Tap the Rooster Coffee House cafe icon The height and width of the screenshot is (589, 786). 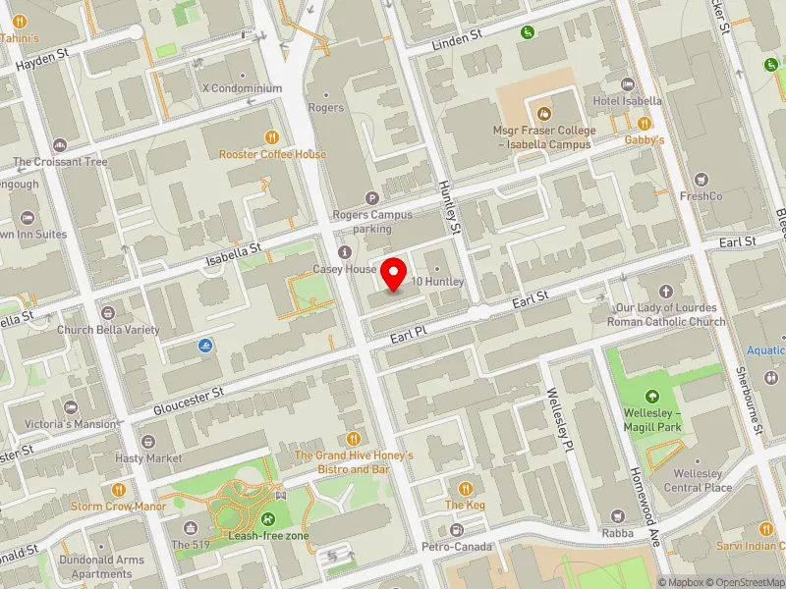[272, 137]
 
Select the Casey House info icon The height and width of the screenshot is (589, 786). [344, 252]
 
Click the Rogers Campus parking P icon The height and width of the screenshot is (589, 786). [371, 198]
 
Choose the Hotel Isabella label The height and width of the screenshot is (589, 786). [627, 101]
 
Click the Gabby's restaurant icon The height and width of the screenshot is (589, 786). [645, 123]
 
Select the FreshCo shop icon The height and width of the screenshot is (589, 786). [701, 180]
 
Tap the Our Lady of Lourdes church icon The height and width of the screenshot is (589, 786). [666, 292]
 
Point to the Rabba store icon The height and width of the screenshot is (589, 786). [618, 516]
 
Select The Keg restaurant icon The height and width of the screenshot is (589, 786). [466, 488]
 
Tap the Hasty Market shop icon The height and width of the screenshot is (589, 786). [147, 442]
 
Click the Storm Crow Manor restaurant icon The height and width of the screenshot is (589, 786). [119, 489]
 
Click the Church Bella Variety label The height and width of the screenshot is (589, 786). [107, 330]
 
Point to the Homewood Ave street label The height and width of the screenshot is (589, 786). [645, 501]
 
